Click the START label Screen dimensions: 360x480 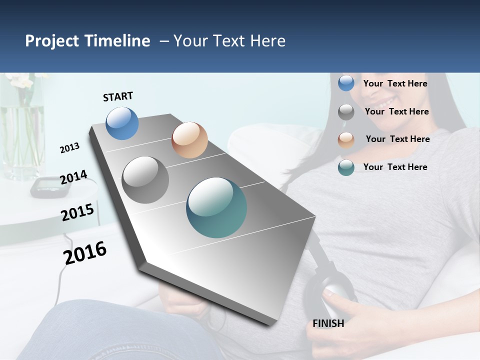point(118,96)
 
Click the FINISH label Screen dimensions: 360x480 point(328,323)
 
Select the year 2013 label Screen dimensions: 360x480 point(69,147)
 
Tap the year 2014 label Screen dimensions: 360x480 point(73,177)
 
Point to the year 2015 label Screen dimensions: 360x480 point(77,212)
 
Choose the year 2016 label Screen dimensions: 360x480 point(85,252)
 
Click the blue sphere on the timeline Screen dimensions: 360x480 point(122,123)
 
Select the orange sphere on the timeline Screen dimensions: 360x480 point(189,139)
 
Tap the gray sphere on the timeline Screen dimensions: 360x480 point(145,180)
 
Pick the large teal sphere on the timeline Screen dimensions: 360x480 point(216,207)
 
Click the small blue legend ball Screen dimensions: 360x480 point(346,83)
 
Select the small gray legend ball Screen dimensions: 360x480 point(346,112)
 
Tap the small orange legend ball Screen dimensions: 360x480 point(346,140)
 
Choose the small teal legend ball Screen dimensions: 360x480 point(346,168)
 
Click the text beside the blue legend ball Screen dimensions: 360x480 point(395,83)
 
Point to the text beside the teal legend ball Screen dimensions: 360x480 point(395,167)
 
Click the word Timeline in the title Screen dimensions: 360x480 point(118,41)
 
